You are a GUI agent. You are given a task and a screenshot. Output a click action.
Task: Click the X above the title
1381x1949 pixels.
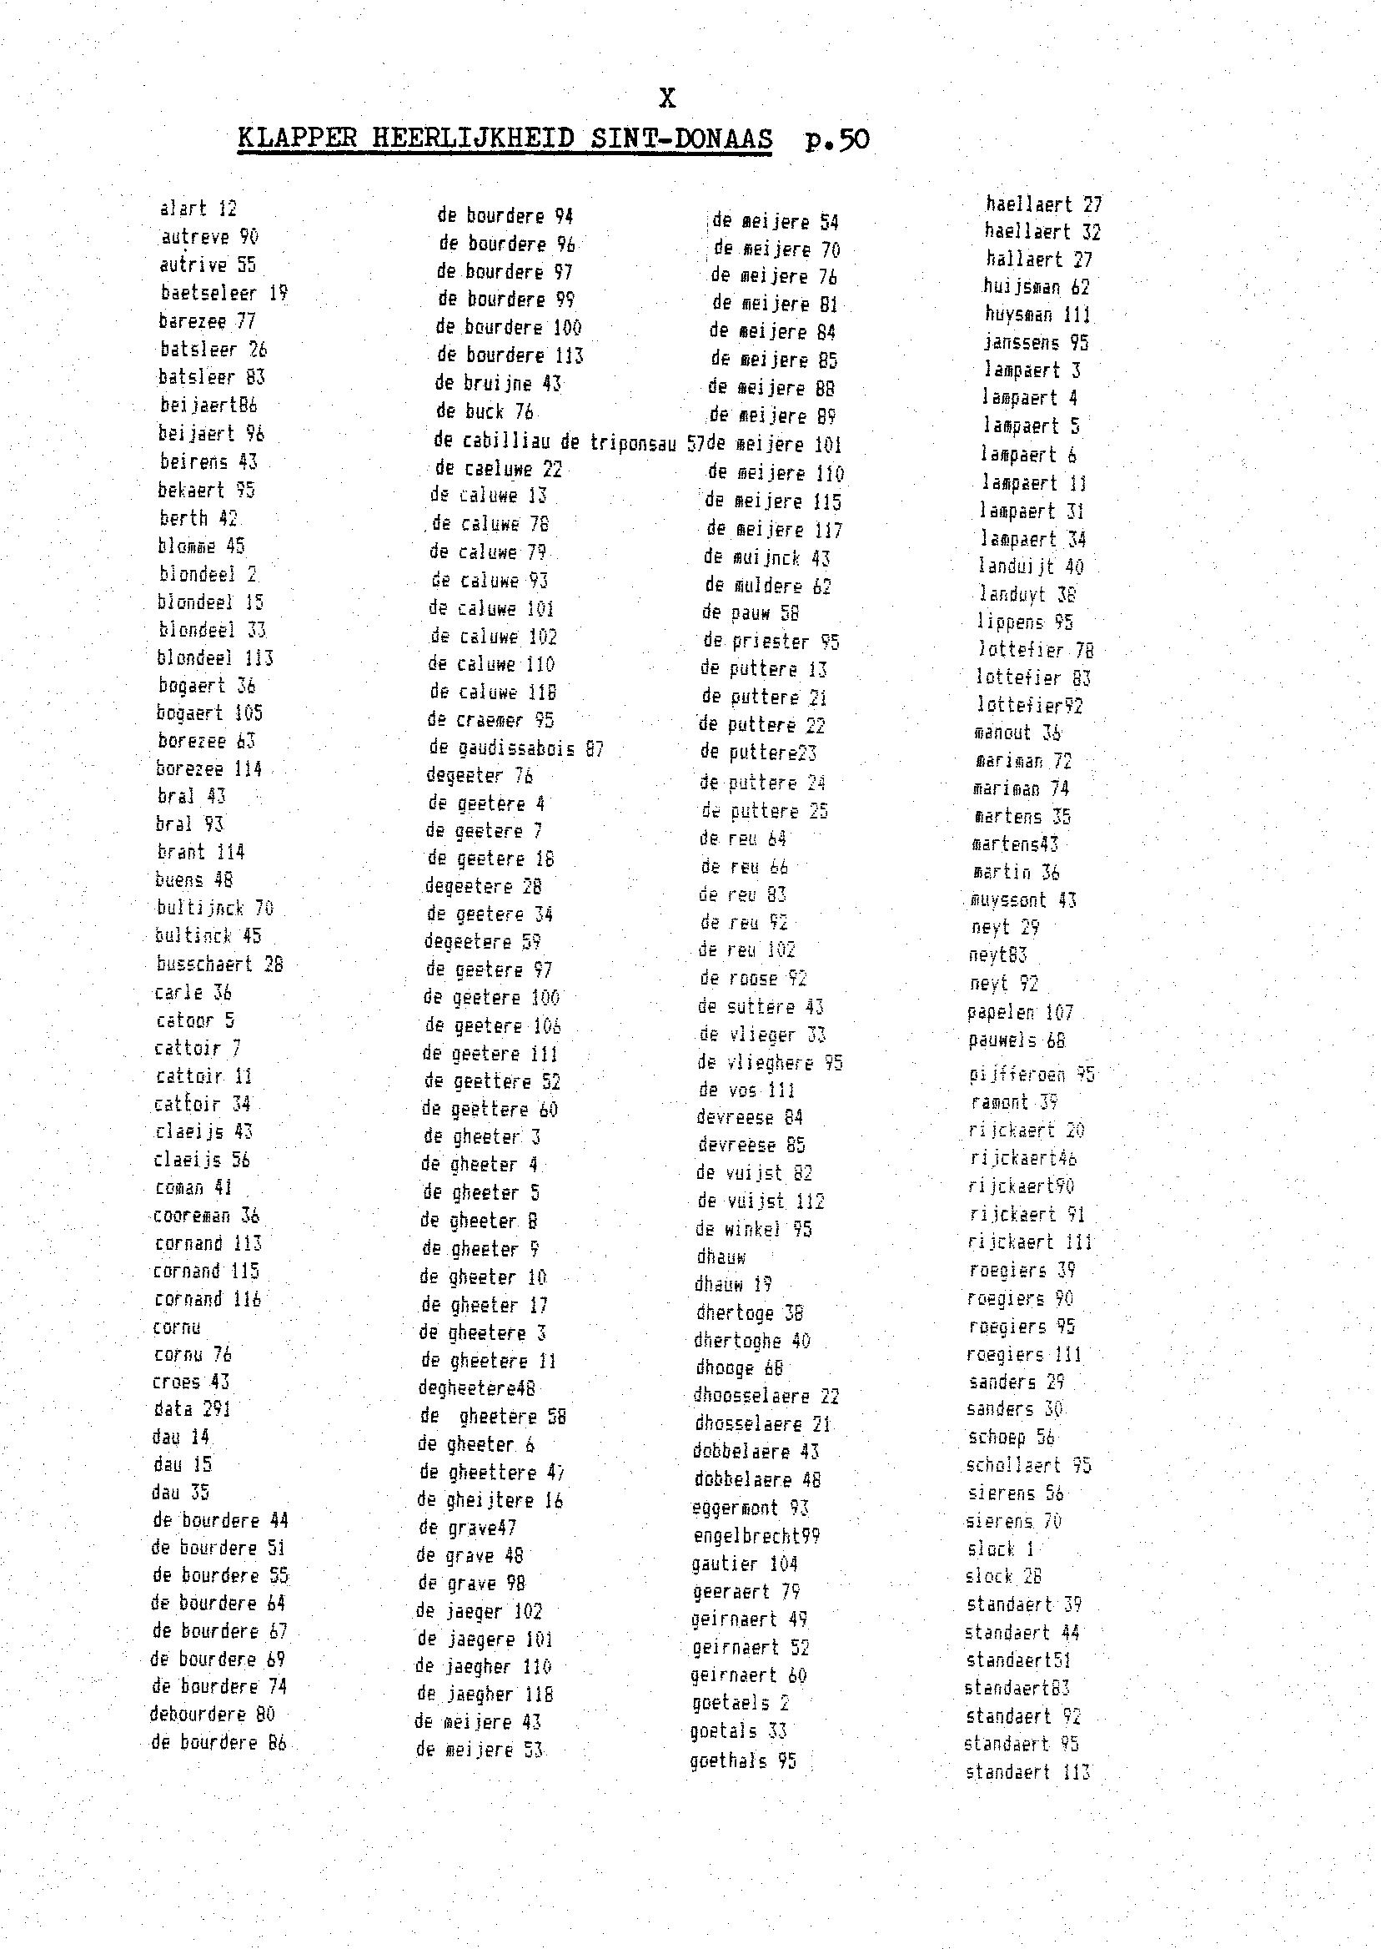(x=667, y=99)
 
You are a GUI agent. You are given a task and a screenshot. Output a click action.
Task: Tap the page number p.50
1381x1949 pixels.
(x=836, y=138)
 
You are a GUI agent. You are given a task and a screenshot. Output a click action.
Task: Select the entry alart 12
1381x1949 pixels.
(x=198, y=209)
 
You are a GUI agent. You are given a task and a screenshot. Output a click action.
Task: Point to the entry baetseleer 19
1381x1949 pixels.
(x=224, y=294)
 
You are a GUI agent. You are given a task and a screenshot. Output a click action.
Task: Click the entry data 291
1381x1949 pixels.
(x=191, y=1409)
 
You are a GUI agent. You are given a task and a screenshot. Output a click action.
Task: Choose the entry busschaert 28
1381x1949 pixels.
(x=219, y=964)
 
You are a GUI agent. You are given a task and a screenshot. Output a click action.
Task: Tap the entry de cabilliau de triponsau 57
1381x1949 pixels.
(x=569, y=441)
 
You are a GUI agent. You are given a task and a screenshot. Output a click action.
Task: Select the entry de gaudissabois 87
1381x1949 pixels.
(x=515, y=748)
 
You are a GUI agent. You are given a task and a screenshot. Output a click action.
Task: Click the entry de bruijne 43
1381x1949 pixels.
(x=499, y=384)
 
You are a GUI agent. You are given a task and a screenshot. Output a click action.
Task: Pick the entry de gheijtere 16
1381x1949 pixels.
(x=490, y=1500)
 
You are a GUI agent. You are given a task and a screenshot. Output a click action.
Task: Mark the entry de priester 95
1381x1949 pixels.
(x=771, y=642)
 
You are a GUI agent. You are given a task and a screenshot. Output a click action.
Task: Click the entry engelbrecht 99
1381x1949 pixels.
(x=755, y=1535)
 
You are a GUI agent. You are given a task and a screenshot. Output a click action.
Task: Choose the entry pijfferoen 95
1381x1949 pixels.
(x=1032, y=1075)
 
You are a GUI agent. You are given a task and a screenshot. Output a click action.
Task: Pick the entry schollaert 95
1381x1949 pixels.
(x=1028, y=1465)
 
